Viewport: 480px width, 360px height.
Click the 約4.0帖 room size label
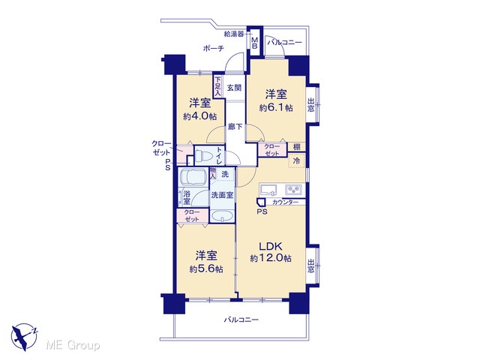point(200,117)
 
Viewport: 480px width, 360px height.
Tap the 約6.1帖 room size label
point(276,108)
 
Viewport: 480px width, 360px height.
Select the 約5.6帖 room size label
point(206,269)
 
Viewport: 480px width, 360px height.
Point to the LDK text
point(271,247)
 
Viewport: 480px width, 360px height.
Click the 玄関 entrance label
point(234,88)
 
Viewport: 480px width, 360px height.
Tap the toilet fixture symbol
point(204,155)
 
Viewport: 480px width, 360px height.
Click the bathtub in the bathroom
point(193,177)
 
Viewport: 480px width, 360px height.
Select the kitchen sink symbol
point(268,190)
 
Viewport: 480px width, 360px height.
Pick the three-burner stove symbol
point(294,190)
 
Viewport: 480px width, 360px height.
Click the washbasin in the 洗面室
point(222,216)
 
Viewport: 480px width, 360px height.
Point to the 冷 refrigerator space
point(296,160)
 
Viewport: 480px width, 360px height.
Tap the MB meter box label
point(255,43)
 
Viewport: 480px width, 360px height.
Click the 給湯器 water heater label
point(234,34)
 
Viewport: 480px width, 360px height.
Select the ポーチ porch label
point(213,48)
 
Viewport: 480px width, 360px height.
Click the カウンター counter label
point(285,202)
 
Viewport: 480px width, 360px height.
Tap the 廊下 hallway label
point(235,127)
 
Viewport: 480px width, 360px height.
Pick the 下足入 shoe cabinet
point(217,87)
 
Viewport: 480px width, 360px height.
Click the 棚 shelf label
point(297,147)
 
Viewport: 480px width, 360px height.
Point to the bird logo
point(24,337)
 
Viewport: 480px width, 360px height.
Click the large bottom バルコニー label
point(241,320)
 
